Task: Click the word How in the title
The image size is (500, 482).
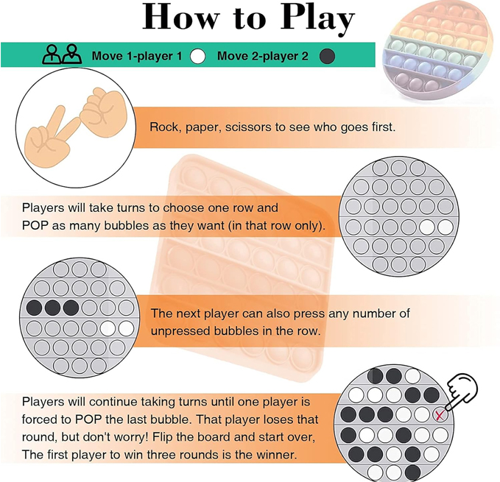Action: point(181,17)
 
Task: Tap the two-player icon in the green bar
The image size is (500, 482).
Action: point(62,54)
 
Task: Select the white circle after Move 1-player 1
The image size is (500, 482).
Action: point(197,56)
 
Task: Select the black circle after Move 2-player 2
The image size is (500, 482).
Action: point(327,56)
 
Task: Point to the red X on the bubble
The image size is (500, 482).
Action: point(440,416)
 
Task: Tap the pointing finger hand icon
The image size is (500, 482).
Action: point(461,391)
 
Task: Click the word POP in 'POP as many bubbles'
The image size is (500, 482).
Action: point(35,226)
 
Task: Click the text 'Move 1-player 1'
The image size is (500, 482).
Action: point(137,56)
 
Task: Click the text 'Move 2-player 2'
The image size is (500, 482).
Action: point(263,56)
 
